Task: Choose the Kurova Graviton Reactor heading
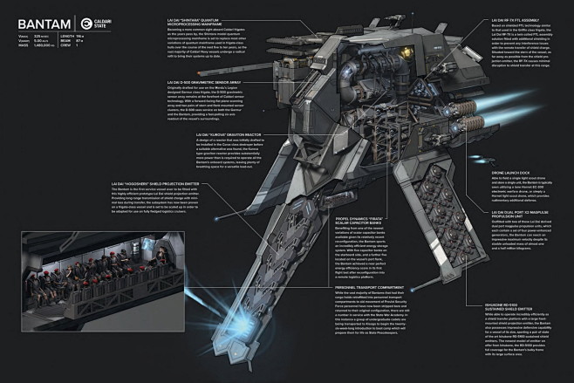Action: coord(200,134)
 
